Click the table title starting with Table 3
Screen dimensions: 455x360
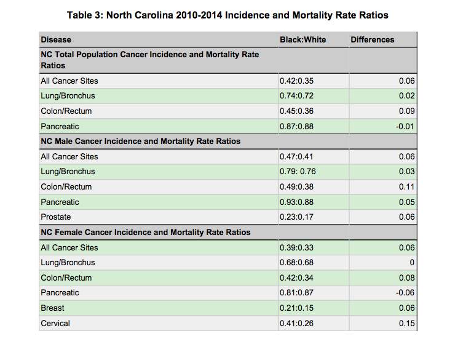point(228,15)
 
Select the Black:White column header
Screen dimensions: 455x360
point(303,40)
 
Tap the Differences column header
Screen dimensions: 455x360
point(372,40)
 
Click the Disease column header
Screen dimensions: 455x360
point(56,40)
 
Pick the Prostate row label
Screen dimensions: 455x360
point(56,217)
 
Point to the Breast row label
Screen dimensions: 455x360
point(52,308)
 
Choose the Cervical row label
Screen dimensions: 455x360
point(55,323)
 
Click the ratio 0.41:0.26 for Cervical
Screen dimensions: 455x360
point(296,323)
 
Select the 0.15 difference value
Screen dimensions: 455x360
point(407,323)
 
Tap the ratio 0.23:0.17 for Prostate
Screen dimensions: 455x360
point(296,217)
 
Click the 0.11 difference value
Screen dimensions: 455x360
point(407,186)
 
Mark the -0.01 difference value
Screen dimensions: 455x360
point(405,126)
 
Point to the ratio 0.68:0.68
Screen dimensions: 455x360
point(296,262)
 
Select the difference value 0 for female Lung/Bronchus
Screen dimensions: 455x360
point(412,262)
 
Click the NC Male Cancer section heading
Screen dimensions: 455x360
point(141,142)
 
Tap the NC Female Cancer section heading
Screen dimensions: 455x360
point(146,232)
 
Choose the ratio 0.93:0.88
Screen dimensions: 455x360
point(296,202)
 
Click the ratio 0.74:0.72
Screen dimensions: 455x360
point(296,96)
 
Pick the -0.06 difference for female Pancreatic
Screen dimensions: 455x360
point(405,293)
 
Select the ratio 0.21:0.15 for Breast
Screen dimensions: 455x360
point(296,308)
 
